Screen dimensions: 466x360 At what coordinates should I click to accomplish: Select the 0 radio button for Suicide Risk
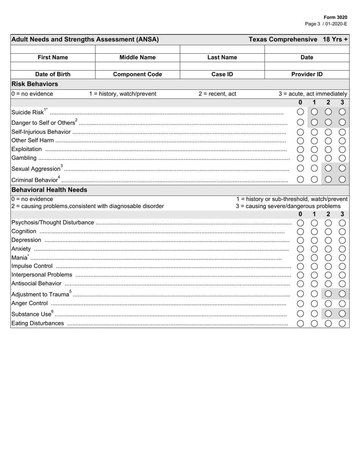pos(300,112)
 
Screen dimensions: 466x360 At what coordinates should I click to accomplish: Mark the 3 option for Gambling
pos(342,158)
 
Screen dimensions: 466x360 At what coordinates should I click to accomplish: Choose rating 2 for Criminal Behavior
pos(328,180)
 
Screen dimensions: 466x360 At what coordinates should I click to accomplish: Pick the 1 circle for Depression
pos(314,240)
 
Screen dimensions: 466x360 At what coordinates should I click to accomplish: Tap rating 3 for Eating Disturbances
pos(342,323)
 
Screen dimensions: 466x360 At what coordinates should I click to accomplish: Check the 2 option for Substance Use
pos(328,313)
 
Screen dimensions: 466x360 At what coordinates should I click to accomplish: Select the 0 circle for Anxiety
pos(300,249)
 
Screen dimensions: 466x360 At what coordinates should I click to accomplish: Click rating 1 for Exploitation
pos(314,149)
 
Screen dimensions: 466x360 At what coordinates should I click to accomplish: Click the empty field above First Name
pos(53,49)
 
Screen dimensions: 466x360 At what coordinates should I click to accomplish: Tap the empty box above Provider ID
pos(307,66)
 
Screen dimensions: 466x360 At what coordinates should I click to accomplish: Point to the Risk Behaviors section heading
pos(34,84)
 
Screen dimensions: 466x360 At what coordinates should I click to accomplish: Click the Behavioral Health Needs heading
pos(49,190)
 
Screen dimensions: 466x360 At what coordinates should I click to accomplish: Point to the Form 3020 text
pos(335,17)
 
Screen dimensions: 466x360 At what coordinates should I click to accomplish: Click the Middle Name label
pos(138,58)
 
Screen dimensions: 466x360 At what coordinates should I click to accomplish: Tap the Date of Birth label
pos(53,74)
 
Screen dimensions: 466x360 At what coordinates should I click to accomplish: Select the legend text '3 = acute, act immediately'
pos(313,94)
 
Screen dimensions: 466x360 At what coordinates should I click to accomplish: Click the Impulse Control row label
pos(32,266)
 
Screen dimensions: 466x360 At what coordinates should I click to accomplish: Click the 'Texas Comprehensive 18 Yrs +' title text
pos(298,39)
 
